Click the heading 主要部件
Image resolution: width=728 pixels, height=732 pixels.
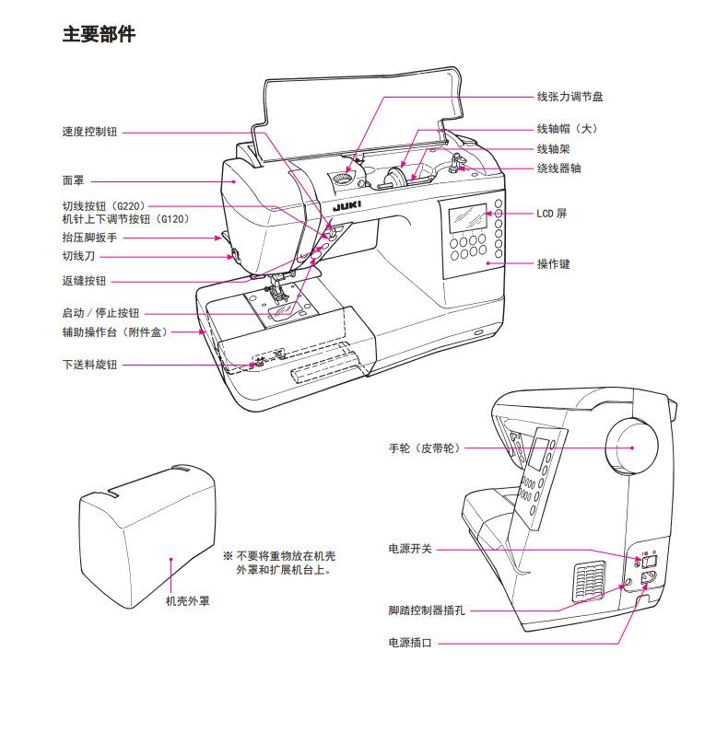[x=99, y=34]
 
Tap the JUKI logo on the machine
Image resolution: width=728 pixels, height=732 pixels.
[x=346, y=207]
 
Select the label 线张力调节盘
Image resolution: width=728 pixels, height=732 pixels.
[x=570, y=97]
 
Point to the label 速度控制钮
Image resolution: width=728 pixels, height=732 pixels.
[x=89, y=132]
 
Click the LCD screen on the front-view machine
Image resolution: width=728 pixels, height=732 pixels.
[x=467, y=218]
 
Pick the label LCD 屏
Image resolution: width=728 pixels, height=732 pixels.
[x=551, y=214]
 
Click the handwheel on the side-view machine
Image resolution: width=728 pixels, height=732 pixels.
[x=632, y=446]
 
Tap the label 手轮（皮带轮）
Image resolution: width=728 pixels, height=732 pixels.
[x=425, y=448]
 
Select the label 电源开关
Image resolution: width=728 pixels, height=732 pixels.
[x=410, y=549]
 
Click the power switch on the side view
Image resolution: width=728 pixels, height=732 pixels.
[x=650, y=561]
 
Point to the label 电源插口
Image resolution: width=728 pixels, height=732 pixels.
[x=410, y=643]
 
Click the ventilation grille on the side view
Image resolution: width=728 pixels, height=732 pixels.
[x=589, y=581]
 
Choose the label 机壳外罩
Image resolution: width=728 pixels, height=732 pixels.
[x=188, y=601]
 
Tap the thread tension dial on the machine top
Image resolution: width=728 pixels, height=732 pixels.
[x=342, y=179]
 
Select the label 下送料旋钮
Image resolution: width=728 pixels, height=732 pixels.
[x=89, y=365]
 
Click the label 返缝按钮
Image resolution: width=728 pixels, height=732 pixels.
[x=84, y=281]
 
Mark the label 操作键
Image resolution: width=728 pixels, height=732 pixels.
[x=553, y=263]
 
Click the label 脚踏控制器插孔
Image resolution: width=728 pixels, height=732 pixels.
[x=427, y=610]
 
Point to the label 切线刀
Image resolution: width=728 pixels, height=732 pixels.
[x=78, y=256]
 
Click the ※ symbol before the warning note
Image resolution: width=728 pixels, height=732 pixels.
[x=228, y=556]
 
